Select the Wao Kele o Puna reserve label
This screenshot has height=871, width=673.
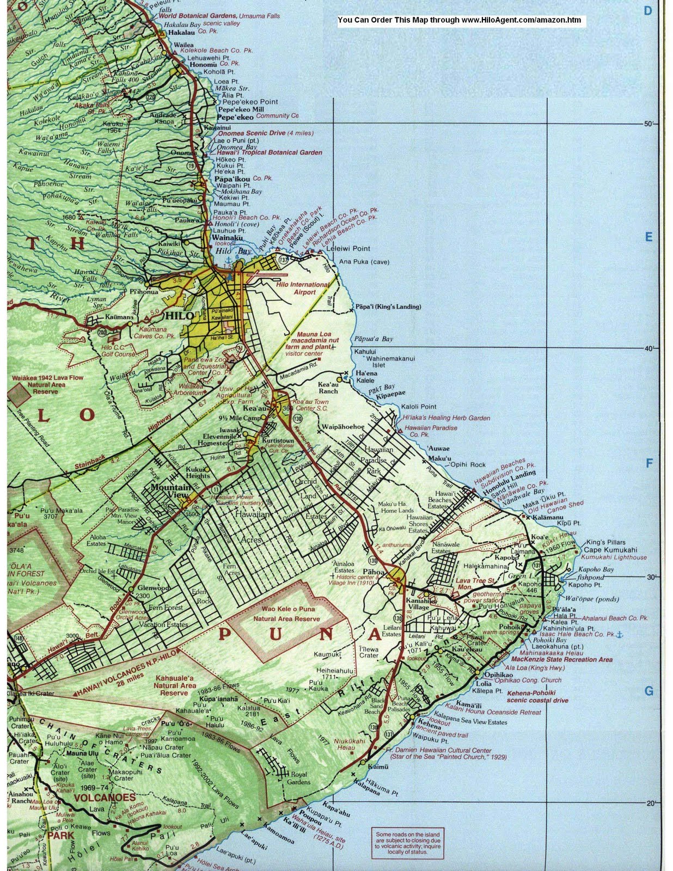pyautogui.click(x=286, y=615)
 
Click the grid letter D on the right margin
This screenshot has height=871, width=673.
pyautogui.click(x=647, y=11)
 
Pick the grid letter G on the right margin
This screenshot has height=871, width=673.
pyautogui.click(x=648, y=691)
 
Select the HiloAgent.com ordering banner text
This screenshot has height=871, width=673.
pyautogui.click(x=459, y=21)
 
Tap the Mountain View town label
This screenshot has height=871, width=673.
pyautogui.click(x=172, y=491)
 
